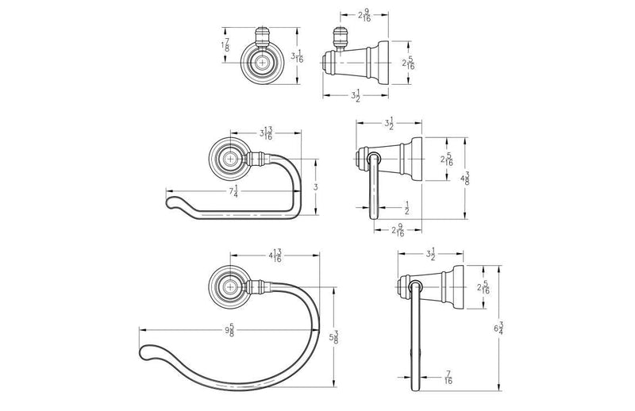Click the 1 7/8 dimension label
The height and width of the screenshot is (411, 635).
[x=225, y=45]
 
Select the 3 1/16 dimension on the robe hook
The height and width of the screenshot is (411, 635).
[x=297, y=56]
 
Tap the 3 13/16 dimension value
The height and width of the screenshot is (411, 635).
[x=266, y=133]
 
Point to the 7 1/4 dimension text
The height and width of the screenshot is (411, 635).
[x=233, y=191]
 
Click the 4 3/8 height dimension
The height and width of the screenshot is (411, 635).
[x=464, y=179]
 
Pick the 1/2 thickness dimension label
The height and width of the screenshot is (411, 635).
[x=406, y=208]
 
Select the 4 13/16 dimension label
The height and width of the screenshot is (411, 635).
[x=275, y=255]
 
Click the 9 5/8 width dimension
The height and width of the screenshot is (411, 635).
[x=229, y=330]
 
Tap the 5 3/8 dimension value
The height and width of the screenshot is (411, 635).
[x=333, y=337]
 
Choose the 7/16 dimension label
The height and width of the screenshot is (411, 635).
[x=448, y=378]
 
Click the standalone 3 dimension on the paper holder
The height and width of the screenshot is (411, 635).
[x=316, y=187]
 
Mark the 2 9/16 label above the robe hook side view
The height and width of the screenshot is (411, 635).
[x=364, y=15]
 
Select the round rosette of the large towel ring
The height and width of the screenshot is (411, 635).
[x=229, y=286]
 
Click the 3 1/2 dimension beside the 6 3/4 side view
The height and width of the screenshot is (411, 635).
[x=430, y=254]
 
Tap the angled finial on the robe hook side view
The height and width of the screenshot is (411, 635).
[x=340, y=37]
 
